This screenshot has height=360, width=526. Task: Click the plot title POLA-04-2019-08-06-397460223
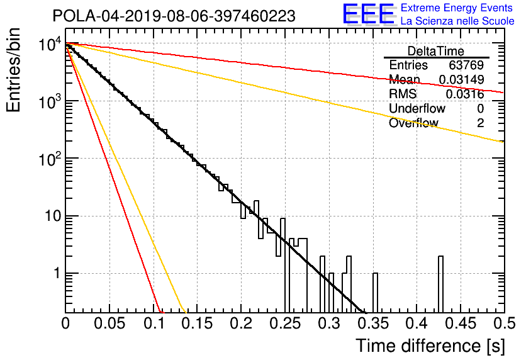174,16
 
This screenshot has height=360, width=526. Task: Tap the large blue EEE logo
368,14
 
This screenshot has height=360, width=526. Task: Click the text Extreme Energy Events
457,8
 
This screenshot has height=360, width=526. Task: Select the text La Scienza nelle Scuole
457,21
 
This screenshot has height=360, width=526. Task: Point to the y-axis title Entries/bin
13,70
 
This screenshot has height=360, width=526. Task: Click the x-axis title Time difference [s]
430,346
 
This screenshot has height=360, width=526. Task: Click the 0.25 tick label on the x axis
286,323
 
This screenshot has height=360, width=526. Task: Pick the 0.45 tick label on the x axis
461,323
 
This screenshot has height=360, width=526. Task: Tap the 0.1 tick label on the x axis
155,323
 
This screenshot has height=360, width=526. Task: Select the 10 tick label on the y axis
53,216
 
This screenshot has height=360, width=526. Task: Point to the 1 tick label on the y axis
57,273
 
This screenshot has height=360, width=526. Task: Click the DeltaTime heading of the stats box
436,51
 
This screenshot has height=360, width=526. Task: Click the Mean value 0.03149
462,79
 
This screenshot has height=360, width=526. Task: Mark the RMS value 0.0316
465,94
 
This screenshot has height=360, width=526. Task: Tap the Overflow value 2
480,123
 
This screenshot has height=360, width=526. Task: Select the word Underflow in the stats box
417,108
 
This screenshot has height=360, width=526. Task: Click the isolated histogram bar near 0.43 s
441,284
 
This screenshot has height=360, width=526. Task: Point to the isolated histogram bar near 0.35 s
376,293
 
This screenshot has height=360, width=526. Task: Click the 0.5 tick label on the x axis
505,323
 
